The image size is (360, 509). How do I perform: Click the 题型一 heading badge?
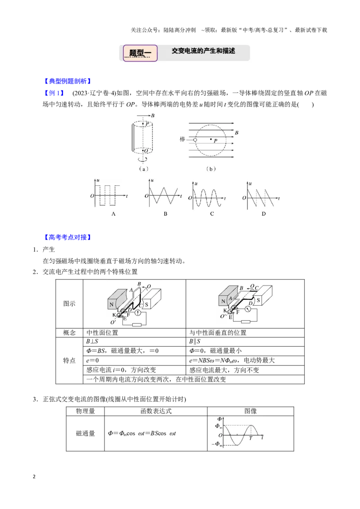140,53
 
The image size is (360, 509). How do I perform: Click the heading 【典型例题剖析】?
67,81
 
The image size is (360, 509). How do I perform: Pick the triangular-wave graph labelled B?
163,194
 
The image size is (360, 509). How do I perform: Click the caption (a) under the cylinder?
143,169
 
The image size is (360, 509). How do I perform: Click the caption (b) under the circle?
211,169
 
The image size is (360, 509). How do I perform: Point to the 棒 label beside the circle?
183,139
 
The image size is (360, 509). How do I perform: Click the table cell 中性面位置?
102,333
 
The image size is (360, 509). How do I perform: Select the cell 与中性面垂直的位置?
218,333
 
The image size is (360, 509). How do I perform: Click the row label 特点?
69,361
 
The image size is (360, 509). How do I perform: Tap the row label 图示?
69,304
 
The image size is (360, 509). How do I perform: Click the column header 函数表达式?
156,411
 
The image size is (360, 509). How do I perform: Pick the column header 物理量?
85,411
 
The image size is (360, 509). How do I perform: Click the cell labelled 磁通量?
85,433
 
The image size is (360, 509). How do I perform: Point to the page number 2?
34,477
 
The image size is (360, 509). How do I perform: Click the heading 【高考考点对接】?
67,237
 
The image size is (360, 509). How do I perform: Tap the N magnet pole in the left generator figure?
112,304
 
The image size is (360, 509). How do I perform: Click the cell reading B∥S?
194,341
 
